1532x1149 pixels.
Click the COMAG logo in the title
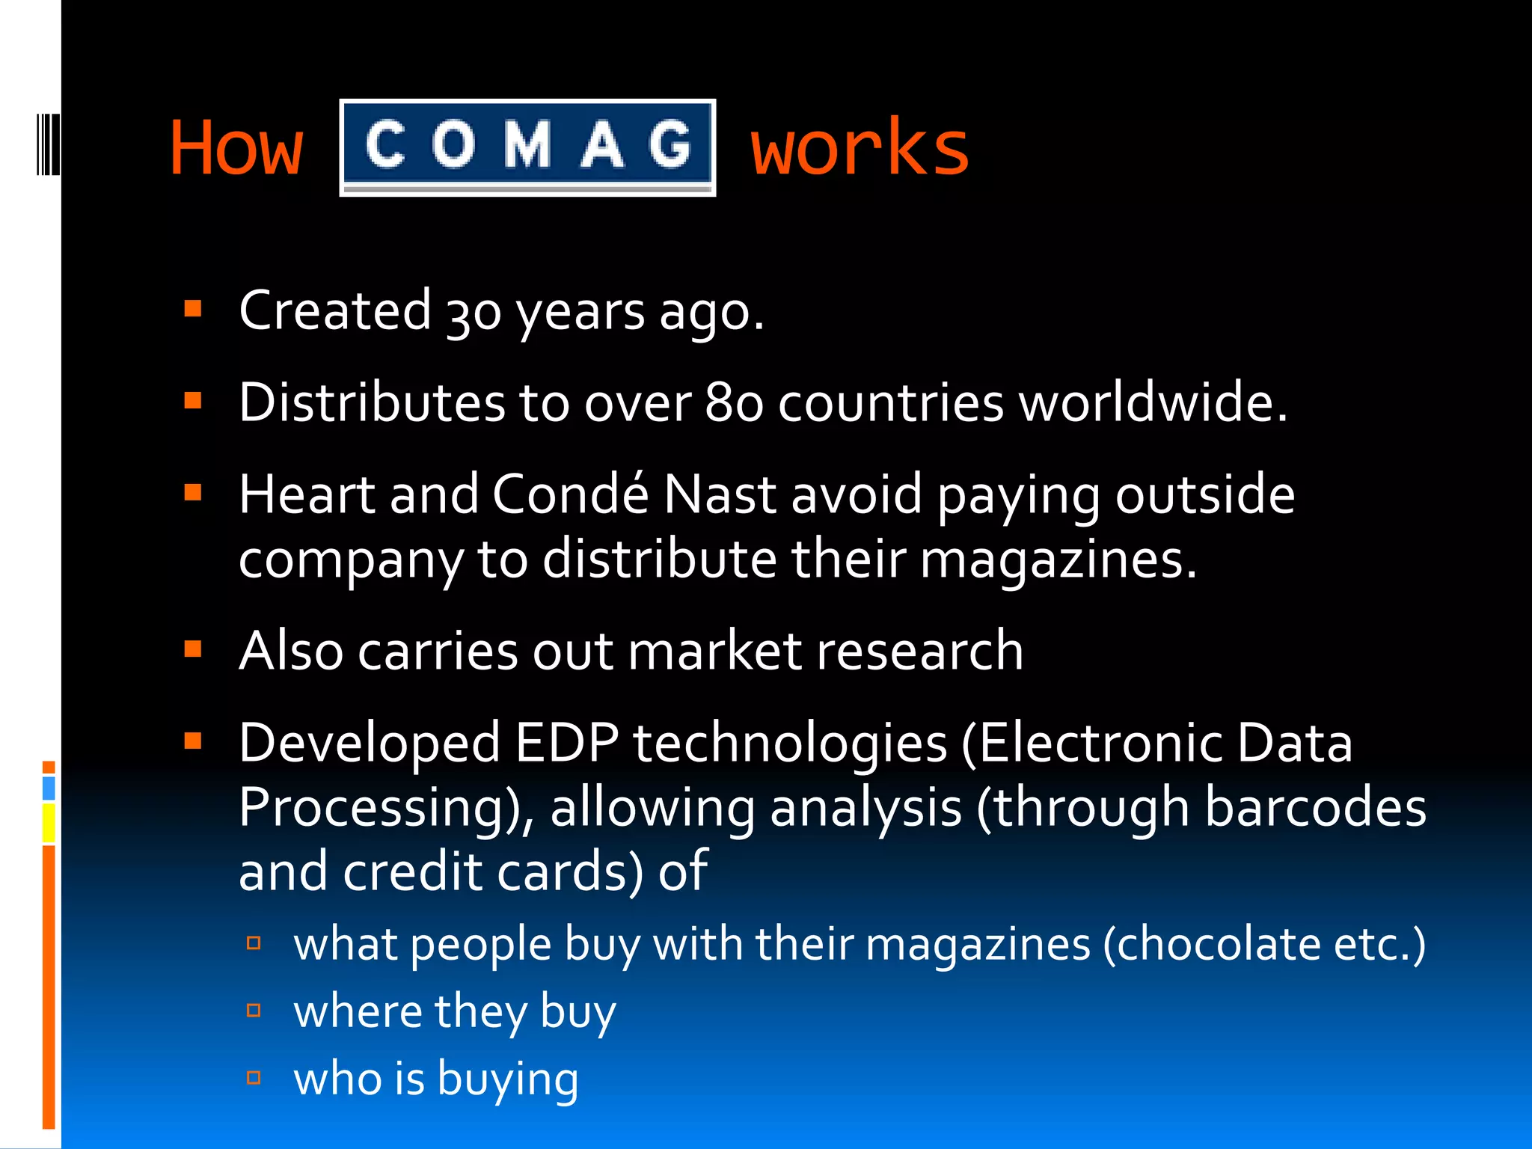(x=527, y=147)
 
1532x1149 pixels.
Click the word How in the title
(x=236, y=148)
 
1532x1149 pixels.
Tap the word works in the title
(x=860, y=148)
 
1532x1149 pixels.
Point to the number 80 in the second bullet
(x=734, y=403)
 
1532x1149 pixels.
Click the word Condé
(x=571, y=494)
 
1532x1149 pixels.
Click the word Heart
(x=307, y=494)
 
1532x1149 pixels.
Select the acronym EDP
(x=567, y=744)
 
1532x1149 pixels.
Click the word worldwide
(x=1153, y=403)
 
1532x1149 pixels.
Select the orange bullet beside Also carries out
(x=193, y=649)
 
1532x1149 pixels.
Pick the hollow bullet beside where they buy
(x=254, y=1011)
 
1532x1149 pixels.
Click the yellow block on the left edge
(x=49, y=823)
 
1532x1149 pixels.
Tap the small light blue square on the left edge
(x=49, y=788)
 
